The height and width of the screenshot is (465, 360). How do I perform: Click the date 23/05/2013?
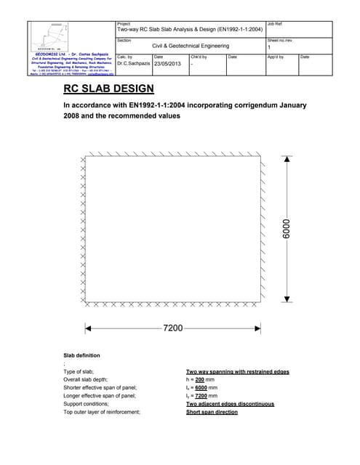pyautogui.click(x=167, y=63)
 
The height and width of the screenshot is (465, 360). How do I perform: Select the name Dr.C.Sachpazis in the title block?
pyautogui.click(x=133, y=63)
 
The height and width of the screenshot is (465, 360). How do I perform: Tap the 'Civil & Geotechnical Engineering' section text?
pyautogui.click(x=190, y=46)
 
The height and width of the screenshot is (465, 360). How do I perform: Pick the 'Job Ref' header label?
pyautogui.click(x=276, y=24)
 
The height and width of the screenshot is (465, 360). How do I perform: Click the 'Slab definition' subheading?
pyautogui.click(x=82, y=355)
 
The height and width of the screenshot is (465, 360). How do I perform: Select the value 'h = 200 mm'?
pyautogui.click(x=201, y=380)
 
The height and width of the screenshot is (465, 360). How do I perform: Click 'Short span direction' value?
pyautogui.click(x=212, y=412)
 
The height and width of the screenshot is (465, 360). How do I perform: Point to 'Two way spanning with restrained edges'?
pyautogui.click(x=237, y=372)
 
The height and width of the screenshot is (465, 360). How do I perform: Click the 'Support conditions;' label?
pyautogui.click(x=87, y=404)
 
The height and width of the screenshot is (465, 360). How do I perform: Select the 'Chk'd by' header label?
pyautogui.click(x=199, y=56)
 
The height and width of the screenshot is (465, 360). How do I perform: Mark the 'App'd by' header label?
pyautogui.click(x=276, y=56)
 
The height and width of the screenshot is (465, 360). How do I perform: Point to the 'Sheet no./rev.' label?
pyautogui.click(x=280, y=40)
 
